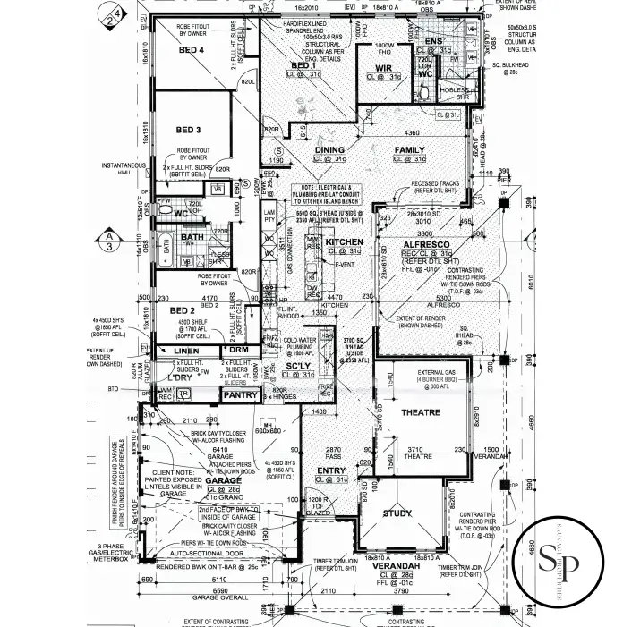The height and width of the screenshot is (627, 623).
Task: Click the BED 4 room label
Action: pyautogui.click(x=192, y=50)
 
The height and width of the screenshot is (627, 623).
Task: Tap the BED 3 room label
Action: pyautogui.click(x=188, y=130)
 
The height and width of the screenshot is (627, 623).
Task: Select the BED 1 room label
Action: pyautogui.click(x=303, y=65)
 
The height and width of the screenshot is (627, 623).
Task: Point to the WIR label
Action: pyautogui.click(x=384, y=67)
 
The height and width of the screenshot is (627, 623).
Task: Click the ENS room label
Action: pyautogui.click(x=433, y=41)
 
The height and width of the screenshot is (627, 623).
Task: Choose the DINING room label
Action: pyautogui.click(x=329, y=150)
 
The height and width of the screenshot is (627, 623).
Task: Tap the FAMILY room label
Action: pyautogui.click(x=409, y=150)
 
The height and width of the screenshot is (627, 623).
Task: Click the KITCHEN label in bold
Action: pyautogui.click(x=344, y=242)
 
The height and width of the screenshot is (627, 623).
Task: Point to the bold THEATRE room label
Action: pyautogui.click(x=422, y=412)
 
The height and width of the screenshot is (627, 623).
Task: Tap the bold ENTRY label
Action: pyautogui.click(x=330, y=470)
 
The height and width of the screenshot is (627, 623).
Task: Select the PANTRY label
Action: pyautogui.click(x=240, y=395)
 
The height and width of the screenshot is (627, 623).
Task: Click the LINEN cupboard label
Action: pyautogui.click(x=186, y=352)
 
